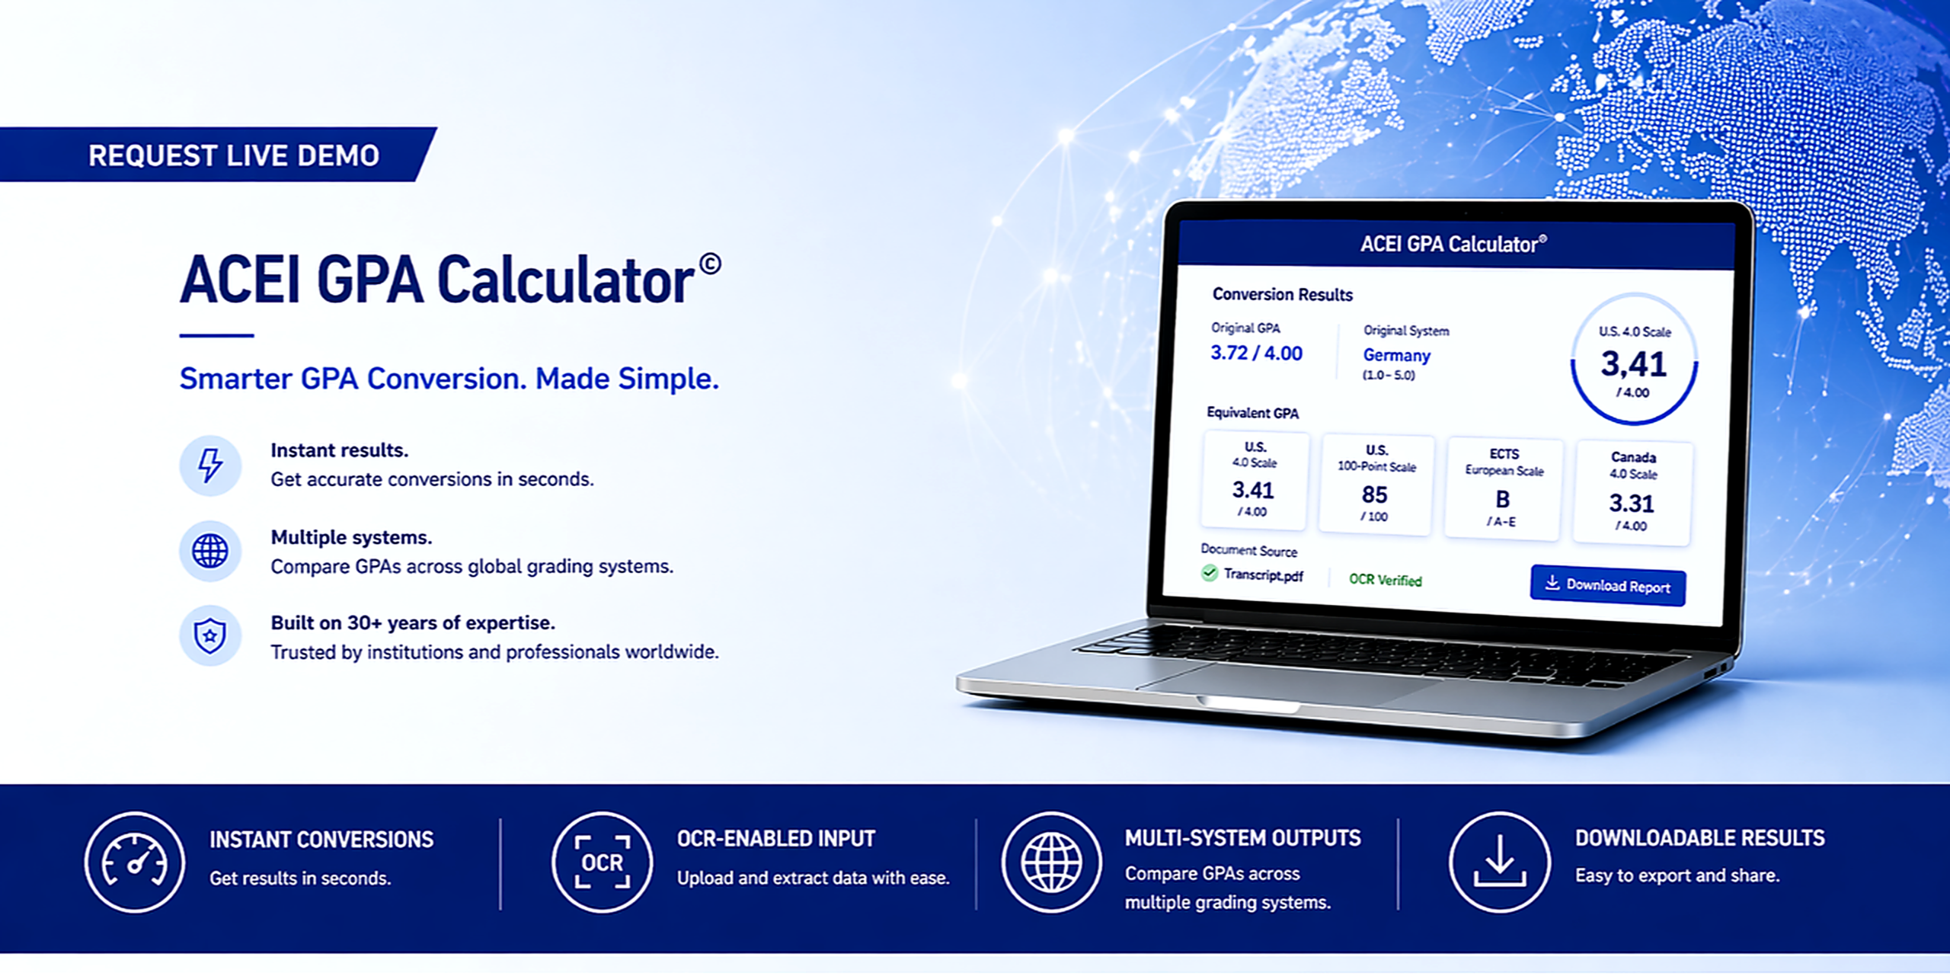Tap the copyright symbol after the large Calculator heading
(710, 264)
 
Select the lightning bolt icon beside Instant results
(210, 465)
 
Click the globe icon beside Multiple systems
(210, 551)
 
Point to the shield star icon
(210, 635)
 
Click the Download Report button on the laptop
(1607, 586)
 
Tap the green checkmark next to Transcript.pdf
(1210, 573)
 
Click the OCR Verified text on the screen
(1386, 580)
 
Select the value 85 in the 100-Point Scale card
(1375, 495)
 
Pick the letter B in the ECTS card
(1502, 500)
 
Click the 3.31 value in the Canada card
(1632, 504)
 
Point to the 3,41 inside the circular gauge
(1634, 364)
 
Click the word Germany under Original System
(1397, 355)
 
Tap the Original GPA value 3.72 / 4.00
(1257, 353)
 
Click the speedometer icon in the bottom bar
(135, 862)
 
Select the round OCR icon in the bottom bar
(603, 862)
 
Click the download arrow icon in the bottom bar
(1500, 862)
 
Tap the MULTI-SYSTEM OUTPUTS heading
(1243, 838)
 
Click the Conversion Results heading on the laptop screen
(1283, 294)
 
